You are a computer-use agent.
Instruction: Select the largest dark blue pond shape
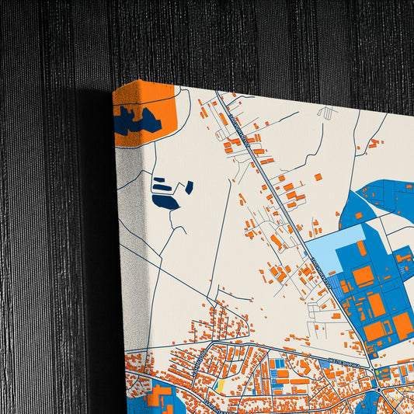click(x=165, y=202)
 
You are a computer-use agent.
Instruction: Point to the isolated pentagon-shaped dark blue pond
click(x=189, y=187)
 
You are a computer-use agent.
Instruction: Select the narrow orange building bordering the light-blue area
click(x=361, y=248)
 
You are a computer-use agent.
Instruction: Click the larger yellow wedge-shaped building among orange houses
click(x=220, y=385)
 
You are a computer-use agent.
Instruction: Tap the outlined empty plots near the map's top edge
click(x=327, y=113)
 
